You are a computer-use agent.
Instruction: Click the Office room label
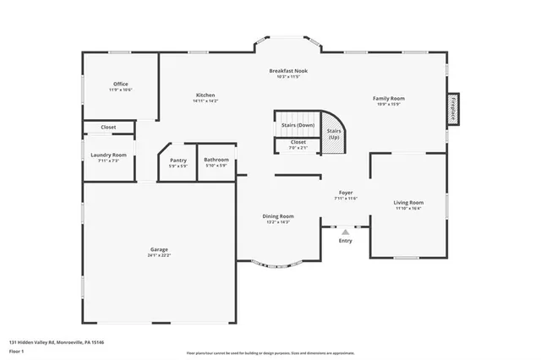click(x=120, y=84)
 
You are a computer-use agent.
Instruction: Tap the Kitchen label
click(x=205, y=95)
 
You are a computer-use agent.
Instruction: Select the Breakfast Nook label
click(x=288, y=71)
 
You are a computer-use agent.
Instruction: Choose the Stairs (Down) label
click(x=298, y=125)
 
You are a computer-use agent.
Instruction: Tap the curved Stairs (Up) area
click(x=334, y=134)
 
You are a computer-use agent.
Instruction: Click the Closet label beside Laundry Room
click(x=108, y=127)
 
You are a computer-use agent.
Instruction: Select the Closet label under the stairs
click(x=298, y=142)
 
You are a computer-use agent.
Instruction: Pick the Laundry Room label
click(x=108, y=155)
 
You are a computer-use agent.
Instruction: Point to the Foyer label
click(x=346, y=193)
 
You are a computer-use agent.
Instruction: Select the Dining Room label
click(x=277, y=215)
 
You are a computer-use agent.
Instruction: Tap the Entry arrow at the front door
click(x=345, y=230)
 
